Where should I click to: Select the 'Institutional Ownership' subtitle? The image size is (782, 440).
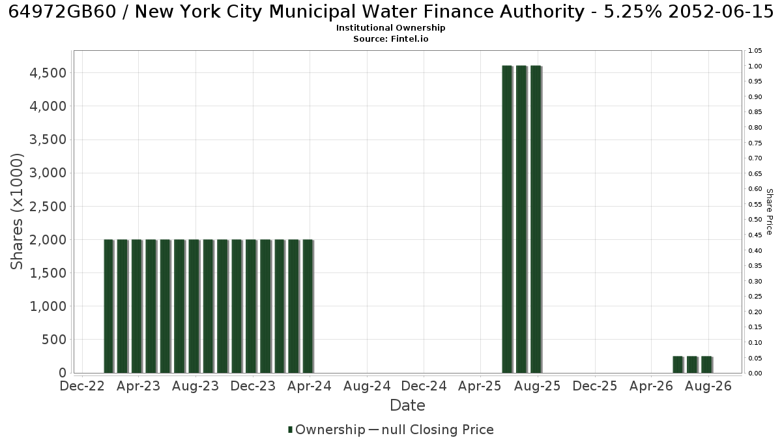point(390,28)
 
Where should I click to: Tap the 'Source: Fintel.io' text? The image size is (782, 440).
point(390,38)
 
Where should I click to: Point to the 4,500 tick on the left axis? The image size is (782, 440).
point(48,73)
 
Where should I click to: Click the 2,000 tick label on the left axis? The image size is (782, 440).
point(48,240)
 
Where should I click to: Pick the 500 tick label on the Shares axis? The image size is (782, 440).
point(54,340)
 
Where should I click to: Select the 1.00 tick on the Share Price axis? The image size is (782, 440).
point(755,66)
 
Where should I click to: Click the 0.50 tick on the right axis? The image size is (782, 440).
point(755,220)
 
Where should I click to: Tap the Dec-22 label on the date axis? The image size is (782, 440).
point(82,386)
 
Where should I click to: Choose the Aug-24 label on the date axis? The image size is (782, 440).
point(367,386)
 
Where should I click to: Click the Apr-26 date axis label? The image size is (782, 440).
point(651,386)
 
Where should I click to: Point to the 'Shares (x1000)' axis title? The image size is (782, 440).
point(16,212)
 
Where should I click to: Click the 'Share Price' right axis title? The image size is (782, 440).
point(770,212)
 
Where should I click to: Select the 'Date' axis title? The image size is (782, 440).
point(407,405)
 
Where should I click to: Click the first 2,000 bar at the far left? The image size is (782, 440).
point(109,306)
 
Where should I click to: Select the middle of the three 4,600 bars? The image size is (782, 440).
point(521,219)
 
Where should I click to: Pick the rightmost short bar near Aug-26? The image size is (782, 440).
point(707,364)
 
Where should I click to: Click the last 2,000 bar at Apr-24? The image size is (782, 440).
point(308,306)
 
